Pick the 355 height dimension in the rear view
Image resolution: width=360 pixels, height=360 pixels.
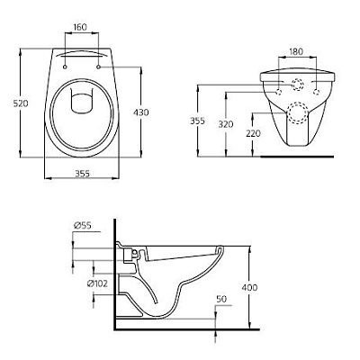205,119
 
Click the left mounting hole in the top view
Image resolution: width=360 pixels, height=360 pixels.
67,65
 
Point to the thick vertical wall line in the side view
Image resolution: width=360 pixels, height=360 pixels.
114,270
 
